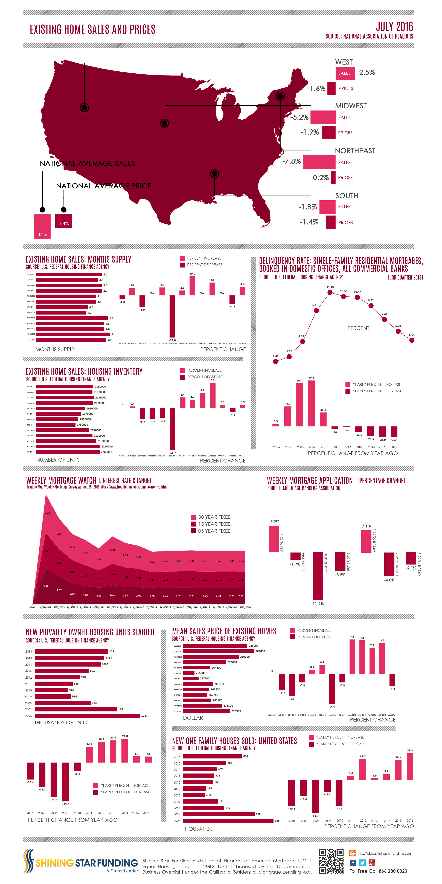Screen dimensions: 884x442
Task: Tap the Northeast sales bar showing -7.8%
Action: click(319, 162)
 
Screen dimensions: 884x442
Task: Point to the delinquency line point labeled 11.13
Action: click(330, 292)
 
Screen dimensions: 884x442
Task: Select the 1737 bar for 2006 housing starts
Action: click(88, 716)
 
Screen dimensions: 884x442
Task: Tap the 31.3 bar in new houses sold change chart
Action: click(410, 767)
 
